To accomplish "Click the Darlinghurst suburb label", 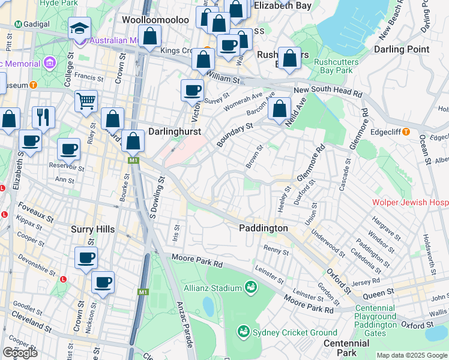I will [x=174, y=131].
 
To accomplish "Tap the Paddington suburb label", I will [x=263, y=228].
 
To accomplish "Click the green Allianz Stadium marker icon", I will [x=250, y=289].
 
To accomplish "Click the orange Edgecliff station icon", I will [x=406, y=131].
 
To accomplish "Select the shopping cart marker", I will [x=86, y=101].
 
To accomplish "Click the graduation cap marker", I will [x=79, y=28].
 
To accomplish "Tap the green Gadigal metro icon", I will [x=18, y=25].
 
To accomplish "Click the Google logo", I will [x=20, y=353].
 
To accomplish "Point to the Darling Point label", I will [x=401, y=49].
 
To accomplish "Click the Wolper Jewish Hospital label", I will [x=410, y=203].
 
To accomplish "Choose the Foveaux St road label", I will [x=20, y=211].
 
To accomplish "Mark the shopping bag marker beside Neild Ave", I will [x=279, y=109].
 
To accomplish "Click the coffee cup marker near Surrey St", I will [x=192, y=90].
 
